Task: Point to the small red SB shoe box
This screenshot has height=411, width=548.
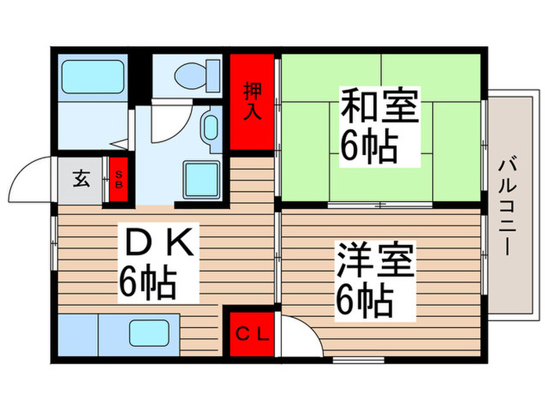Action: pyautogui.click(x=119, y=180)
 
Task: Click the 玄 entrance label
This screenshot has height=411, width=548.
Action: pyautogui.click(x=81, y=178)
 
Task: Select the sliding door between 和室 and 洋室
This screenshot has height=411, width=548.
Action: pyautogui.click(x=379, y=206)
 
